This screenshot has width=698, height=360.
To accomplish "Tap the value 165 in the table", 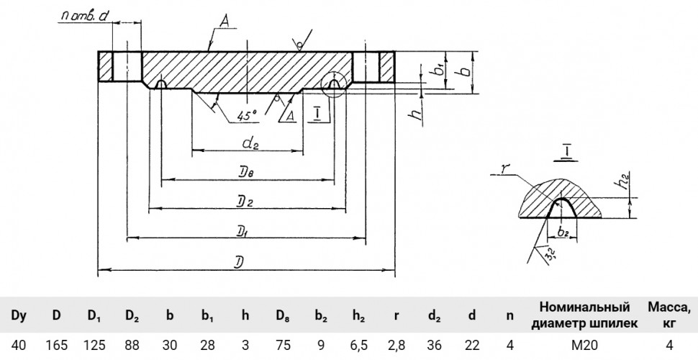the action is click(57, 345).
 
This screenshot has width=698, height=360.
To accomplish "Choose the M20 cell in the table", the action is click(585, 345).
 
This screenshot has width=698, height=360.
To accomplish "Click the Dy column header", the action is click(18, 316).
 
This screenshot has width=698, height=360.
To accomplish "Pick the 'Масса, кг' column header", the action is click(669, 315).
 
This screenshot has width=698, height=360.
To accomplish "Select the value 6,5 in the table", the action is click(358, 346).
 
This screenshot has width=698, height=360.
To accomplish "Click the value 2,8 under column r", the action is click(396, 346).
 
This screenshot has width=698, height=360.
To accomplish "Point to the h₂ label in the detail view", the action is click(630, 181).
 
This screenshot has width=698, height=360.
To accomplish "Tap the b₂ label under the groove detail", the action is click(563, 231).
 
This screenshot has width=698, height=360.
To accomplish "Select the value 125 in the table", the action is click(95, 345).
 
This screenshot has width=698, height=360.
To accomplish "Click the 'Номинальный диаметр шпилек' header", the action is click(585, 315).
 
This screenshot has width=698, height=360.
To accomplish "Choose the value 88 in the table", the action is click(132, 345).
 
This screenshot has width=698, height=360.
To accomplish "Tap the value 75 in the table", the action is click(283, 345).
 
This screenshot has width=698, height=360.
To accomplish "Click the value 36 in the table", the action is click(434, 345).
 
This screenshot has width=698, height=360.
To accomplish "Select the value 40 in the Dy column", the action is click(18, 345).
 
